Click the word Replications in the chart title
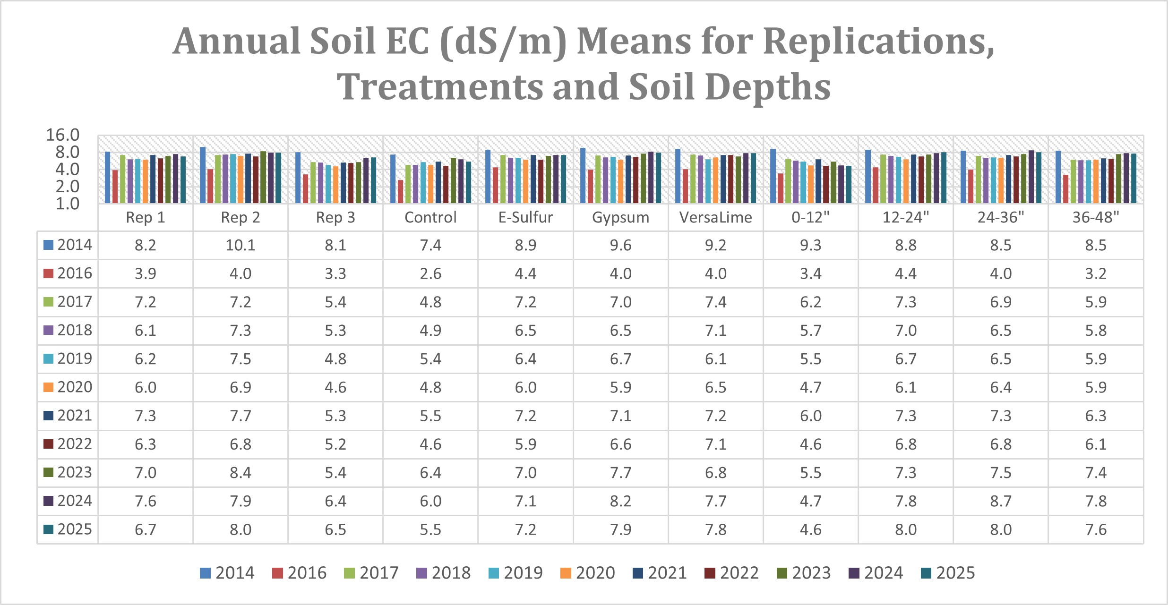coord(879,42)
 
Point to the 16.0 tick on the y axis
coord(62,135)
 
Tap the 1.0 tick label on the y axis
coord(67,204)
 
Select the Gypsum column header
coord(620,217)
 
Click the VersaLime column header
coord(715,217)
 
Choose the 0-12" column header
coord(810,217)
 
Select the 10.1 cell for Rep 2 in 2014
coord(240,245)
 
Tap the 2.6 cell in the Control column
coord(430,273)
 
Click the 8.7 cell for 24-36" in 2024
coord(1001,501)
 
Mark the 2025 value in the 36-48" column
coord(1096,529)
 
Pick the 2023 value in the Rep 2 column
coord(240,472)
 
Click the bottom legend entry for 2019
coord(515,573)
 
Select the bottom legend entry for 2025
coord(947,573)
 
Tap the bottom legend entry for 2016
coord(299,573)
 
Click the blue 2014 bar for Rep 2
coord(203,175)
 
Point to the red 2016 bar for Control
coord(401,191)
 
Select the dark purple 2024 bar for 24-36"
coord(1031,177)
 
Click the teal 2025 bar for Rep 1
coord(183,180)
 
